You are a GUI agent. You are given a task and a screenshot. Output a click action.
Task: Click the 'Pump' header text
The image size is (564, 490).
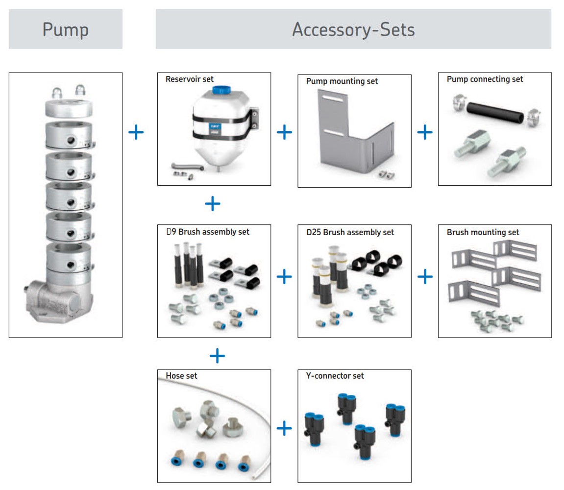click(x=65, y=29)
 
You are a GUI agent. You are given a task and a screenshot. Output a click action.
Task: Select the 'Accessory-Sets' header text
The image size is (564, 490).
click(x=353, y=29)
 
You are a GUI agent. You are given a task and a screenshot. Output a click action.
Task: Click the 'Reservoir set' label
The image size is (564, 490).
click(x=190, y=79)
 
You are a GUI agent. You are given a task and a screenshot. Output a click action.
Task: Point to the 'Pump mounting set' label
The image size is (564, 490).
click(x=342, y=81)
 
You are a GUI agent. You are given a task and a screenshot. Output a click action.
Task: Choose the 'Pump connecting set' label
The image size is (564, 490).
click(x=485, y=79)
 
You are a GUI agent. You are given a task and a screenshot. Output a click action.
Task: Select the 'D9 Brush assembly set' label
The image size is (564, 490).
click(x=208, y=231)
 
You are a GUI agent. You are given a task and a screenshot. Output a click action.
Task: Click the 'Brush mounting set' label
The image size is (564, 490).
click(x=483, y=232)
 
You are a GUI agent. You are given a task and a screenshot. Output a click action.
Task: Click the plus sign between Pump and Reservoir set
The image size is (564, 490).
click(x=136, y=132)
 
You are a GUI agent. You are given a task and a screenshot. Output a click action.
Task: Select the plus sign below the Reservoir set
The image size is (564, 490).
click(x=213, y=203)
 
